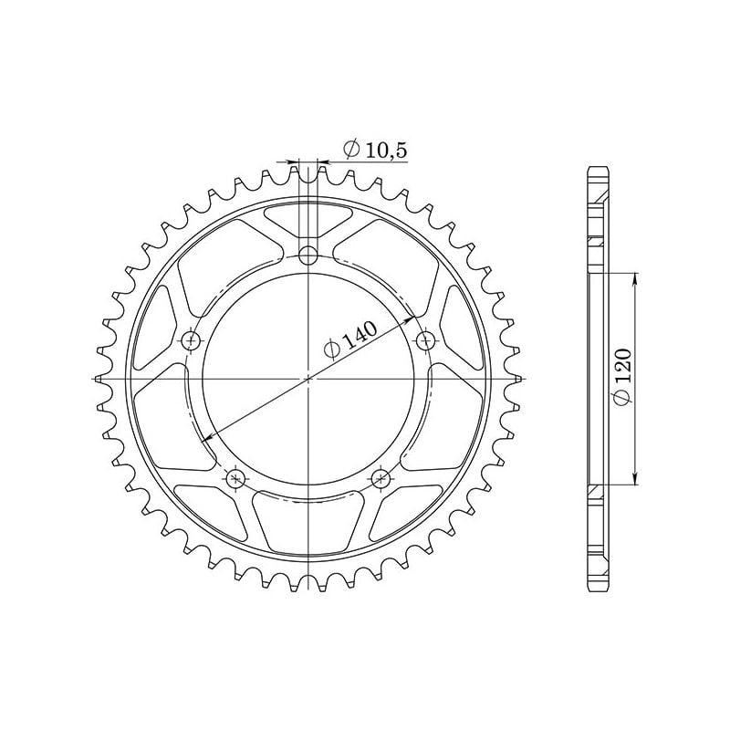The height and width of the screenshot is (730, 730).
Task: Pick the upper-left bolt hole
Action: [192, 340]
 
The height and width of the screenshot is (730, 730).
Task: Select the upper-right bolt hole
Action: [424, 340]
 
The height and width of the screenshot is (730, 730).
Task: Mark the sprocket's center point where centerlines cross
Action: [308, 377]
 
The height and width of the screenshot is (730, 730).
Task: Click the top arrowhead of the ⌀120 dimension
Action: [634, 276]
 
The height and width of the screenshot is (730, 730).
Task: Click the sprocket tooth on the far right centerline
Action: [516, 377]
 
